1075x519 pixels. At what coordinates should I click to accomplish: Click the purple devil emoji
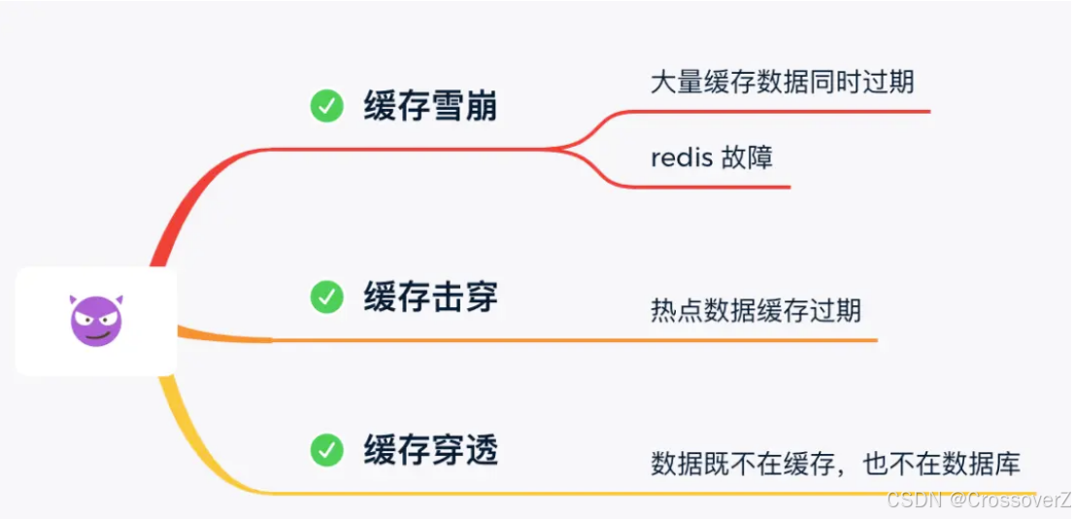pos(96,320)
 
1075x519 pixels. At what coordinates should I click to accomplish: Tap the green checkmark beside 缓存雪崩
pos(326,106)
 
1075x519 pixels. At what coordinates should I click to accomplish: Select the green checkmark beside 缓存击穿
pos(326,296)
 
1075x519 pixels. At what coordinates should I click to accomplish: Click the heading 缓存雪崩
pos(430,106)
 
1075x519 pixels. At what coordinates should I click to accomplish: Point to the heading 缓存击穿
pos(430,296)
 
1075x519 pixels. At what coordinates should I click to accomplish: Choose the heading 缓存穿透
pos(430,450)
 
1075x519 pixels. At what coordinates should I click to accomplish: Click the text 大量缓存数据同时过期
pos(782,81)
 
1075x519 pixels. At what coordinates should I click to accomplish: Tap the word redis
pos(681,157)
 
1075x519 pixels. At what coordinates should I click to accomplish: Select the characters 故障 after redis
pos(747,157)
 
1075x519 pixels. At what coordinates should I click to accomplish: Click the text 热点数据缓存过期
pos(756,311)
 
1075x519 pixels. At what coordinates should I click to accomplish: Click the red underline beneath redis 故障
pos(719,186)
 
